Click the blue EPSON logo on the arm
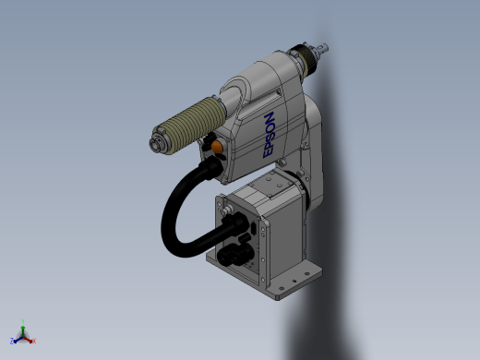269,135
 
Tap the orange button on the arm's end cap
217,147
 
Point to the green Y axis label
23,321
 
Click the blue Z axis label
12,341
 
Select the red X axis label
34,341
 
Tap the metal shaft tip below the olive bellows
156,144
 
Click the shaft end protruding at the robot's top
322,49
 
